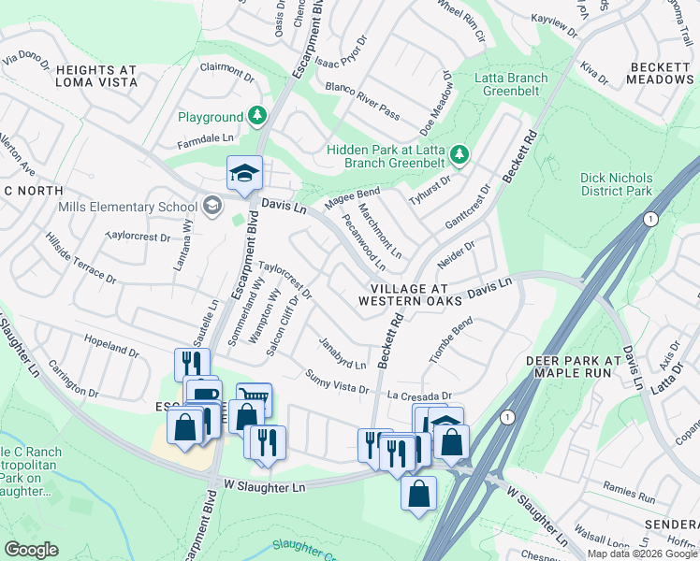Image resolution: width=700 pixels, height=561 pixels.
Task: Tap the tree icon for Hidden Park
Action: [459, 152]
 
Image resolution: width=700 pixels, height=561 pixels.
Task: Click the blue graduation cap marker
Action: [244, 173]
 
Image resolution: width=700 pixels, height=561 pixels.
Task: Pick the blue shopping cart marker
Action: [254, 398]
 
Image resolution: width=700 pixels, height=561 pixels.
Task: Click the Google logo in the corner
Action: [32, 549]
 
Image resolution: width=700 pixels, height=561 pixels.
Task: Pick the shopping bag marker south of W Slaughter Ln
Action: [419, 492]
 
